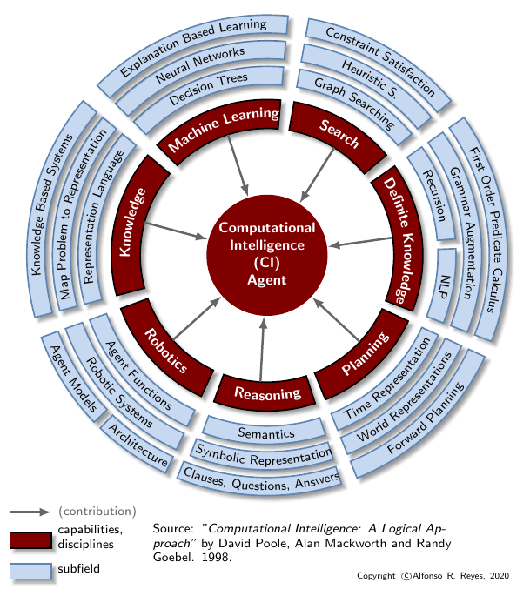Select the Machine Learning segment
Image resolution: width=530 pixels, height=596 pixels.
[x=225, y=130]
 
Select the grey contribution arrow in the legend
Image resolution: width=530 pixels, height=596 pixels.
[x=31, y=511]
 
